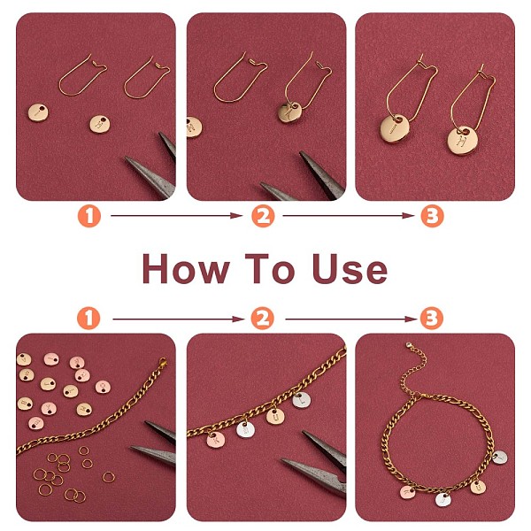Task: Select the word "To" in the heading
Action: coord(270,268)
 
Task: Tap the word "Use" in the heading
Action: coord(350,268)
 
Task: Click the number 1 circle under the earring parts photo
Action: coord(89,216)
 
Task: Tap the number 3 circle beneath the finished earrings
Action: coord(432,216)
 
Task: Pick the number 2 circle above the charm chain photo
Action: coord(263,319)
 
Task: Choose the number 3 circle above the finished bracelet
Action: coord(432,319)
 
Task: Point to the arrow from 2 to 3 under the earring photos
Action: coord(349,216)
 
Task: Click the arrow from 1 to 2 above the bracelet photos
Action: coord(179,319)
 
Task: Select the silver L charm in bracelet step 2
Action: coord(301,400)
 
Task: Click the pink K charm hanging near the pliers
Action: coord(215,439)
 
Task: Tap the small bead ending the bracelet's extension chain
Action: coord(409,345)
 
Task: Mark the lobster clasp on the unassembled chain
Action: coord(162,362)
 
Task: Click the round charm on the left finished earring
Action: coord(394,129)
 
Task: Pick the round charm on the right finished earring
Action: coord(462,140)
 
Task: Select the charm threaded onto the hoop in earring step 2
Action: coord(290,112)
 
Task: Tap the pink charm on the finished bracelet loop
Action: coord(408,492)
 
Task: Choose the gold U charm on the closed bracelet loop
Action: coord(478,487)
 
